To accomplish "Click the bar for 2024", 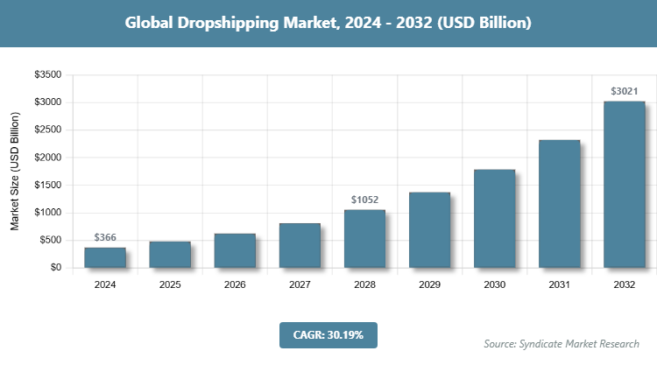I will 105,257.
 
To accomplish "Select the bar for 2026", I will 235,250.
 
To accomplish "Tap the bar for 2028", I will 364,238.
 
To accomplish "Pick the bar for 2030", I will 494,218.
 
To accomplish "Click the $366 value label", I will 105,237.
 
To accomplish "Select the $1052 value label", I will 364,200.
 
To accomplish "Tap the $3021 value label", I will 624,91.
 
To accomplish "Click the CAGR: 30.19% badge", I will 328,334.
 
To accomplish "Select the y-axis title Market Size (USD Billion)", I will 15,172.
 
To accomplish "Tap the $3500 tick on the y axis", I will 47,75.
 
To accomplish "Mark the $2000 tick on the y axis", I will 47,158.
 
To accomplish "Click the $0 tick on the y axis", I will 55,268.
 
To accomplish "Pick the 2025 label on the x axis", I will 170,284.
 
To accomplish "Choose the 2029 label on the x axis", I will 429,284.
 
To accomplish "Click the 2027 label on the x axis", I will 300,284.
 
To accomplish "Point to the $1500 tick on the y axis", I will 47,186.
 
